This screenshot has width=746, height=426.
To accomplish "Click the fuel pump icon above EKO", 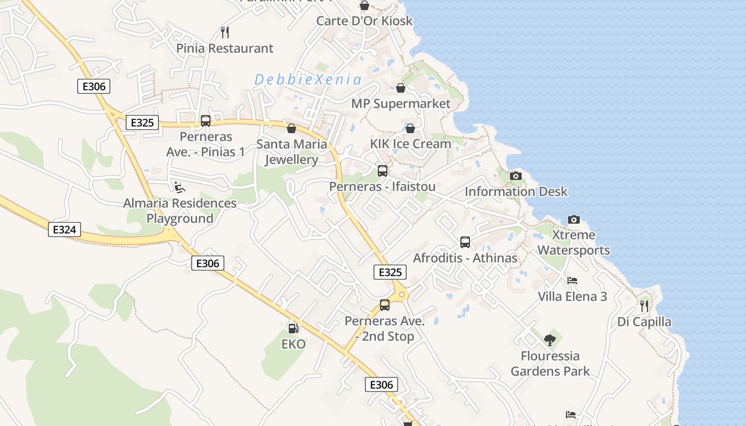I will click(293, 329).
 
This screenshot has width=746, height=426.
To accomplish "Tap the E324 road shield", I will click(64, 230).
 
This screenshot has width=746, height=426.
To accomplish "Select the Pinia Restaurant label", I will click(225, 48).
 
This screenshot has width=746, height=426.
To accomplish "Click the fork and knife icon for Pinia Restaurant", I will click(225, 32).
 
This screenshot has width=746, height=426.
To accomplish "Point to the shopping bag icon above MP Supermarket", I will click(401, 88).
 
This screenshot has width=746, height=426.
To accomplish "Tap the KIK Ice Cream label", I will click(410, 144).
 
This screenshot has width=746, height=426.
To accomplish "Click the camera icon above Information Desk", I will click(516, 176).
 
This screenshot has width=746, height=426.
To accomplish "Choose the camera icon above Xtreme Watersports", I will click(574, 219).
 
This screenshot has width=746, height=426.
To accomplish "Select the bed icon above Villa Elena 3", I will click(572, 281).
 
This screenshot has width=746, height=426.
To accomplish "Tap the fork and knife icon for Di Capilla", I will click(644, 306).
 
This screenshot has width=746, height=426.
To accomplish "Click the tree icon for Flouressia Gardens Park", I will click(550, 340).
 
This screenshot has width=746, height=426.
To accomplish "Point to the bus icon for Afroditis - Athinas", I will click(465, 242).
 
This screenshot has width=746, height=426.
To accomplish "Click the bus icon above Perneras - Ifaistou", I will click(383, 171).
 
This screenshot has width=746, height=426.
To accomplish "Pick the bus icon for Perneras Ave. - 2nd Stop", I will click(385, 305).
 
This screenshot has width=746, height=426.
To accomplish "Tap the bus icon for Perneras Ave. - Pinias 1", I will click(206, 121).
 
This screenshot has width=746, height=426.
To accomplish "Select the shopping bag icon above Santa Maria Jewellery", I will click(291, 128).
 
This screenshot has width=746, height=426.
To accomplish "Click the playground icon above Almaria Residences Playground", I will click(180, 187).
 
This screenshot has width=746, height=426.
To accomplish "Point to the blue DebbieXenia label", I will click(308, 80).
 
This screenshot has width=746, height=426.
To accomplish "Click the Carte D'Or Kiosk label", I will click(364, 21).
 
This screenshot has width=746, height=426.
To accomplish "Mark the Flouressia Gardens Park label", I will click(550, 363).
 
